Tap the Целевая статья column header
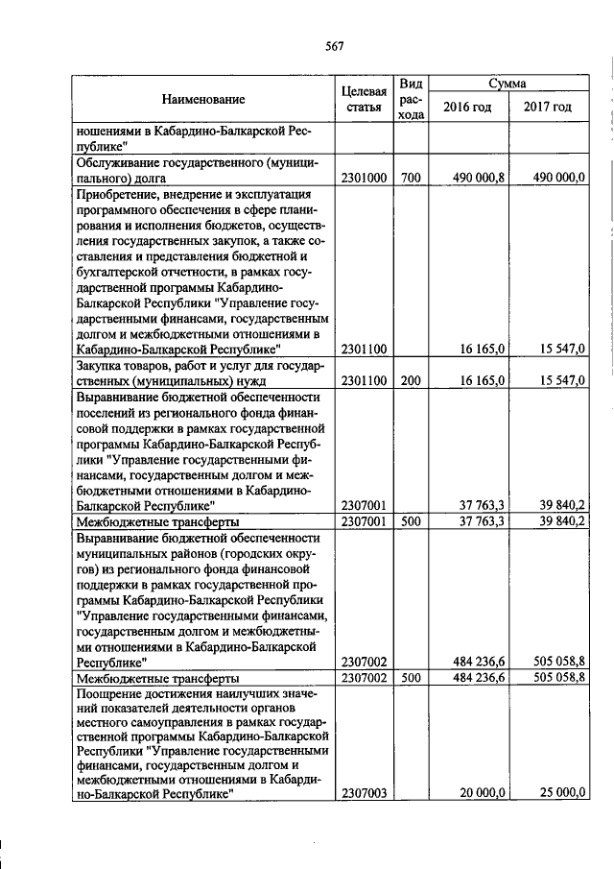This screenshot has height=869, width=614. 364,99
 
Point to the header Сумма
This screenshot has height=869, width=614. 507,84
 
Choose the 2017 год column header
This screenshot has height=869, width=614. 548,107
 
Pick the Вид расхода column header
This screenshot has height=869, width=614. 411,99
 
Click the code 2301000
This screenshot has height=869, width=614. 364,178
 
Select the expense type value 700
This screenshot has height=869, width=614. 411,178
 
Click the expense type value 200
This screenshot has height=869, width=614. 411,380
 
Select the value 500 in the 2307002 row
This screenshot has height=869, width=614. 411,678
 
